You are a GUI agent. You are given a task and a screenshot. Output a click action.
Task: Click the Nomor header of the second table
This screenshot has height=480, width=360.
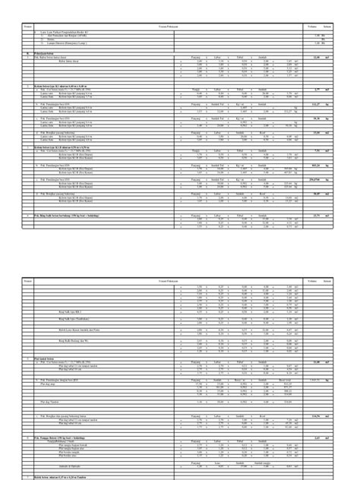point(27,281)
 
